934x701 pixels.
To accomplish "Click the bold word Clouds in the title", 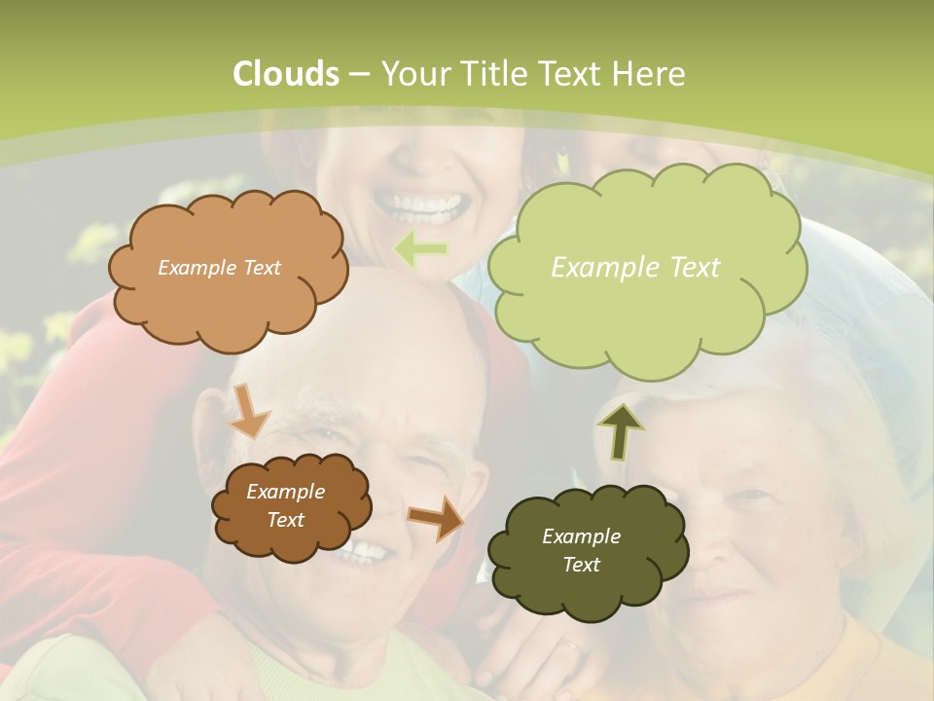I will [285, 74].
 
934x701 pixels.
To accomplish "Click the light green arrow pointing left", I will [421, 250].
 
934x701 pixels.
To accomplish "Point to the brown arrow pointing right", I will [435, 517].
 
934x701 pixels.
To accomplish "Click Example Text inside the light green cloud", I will [635, 268].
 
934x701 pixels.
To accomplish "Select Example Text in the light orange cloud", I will [219, 268].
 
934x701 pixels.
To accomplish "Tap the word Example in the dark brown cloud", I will [285, 492].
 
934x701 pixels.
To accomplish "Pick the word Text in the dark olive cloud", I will [581, 565].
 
